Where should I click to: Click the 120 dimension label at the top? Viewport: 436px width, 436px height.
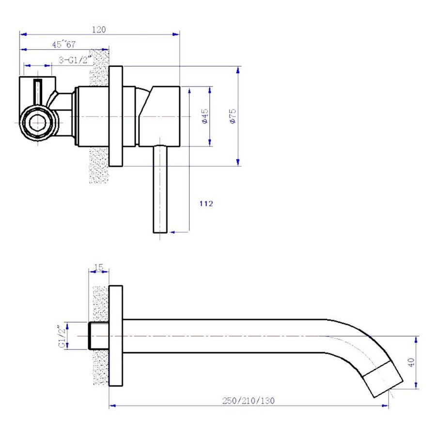(x=98, y=30)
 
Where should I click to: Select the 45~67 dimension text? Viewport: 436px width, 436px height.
(x=64, y=45)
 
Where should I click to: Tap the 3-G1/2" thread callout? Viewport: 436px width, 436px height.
(x=76, y=60)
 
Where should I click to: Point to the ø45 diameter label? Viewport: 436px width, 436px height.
(x=205, y=116)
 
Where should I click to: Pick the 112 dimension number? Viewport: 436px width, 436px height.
(x=206, y=204)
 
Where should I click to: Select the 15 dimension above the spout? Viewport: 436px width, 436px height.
(x=99, y=266)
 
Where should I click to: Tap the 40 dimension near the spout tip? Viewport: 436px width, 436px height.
(x=411, y=362)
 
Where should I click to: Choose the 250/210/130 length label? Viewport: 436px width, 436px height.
(x=249, y=400)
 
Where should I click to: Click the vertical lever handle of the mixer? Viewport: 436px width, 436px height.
(x=160, y=189)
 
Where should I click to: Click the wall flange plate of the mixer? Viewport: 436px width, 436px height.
(x=116, y=116)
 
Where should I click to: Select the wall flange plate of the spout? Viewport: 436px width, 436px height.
(x=116, y=336)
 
